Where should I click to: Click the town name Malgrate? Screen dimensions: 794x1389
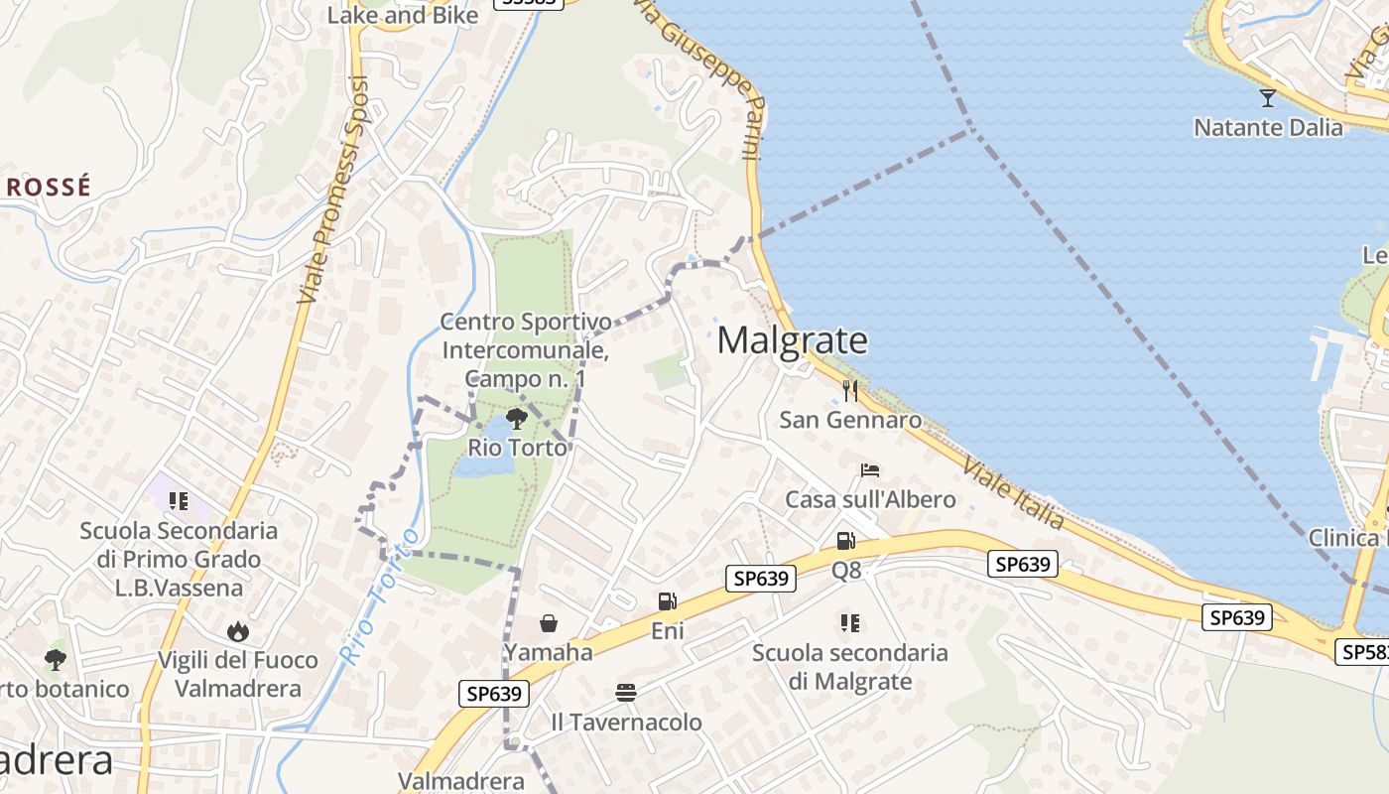[x=792, y=340]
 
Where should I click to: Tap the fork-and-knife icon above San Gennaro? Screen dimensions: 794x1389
[x=850, y=390]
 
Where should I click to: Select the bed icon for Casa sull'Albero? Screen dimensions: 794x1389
[x=870, y=469]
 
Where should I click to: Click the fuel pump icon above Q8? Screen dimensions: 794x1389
[x=845, y=541]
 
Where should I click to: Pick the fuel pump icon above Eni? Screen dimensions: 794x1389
[x=668, y=600]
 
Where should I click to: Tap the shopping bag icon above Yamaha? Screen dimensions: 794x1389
[x=548, y=623]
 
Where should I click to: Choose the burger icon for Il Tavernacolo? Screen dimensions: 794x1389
[x=625, y=692]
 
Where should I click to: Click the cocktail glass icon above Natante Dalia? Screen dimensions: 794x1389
[x=1267, y=97]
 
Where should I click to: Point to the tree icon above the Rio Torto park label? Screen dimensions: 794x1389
[x=516, y=418]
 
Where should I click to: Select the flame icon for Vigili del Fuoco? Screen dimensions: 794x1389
[x=237, y=631]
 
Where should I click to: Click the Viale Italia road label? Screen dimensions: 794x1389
[x=1012, y=493]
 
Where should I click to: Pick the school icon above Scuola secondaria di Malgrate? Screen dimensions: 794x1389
[x=849, y=623]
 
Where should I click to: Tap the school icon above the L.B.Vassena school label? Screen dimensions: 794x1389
[x=179, y=501]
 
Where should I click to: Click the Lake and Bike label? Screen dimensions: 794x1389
[x=403, y=15]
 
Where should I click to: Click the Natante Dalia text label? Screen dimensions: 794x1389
[x=1268, y=127]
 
